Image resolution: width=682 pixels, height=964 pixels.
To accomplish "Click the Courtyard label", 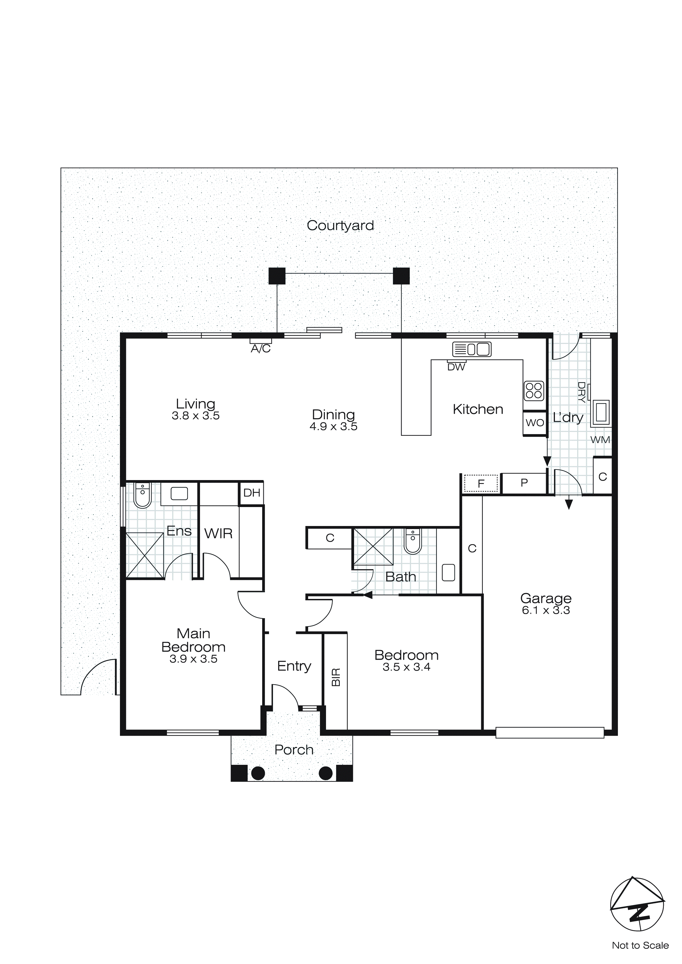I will [340, 226].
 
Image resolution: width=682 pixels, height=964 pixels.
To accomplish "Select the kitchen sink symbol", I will [472, 349].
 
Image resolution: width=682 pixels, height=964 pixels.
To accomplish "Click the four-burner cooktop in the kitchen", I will [534, 390].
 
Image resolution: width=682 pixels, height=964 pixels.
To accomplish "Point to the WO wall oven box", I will [535, 423].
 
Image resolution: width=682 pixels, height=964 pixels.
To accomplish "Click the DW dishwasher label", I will [456, 367].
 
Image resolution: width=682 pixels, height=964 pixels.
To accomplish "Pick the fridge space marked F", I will [481, 483].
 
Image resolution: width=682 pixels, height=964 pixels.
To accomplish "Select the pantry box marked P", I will [524, 483].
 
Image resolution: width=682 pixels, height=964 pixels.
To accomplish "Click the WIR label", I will [218, 534].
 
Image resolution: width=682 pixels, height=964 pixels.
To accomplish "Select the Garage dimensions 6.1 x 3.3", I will [546, 610].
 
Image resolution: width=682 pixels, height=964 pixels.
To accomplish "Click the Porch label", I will [294, 750].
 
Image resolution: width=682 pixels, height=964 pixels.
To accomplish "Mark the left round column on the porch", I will [258, 773].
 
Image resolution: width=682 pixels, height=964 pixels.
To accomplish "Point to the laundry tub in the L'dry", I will [601, 412].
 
